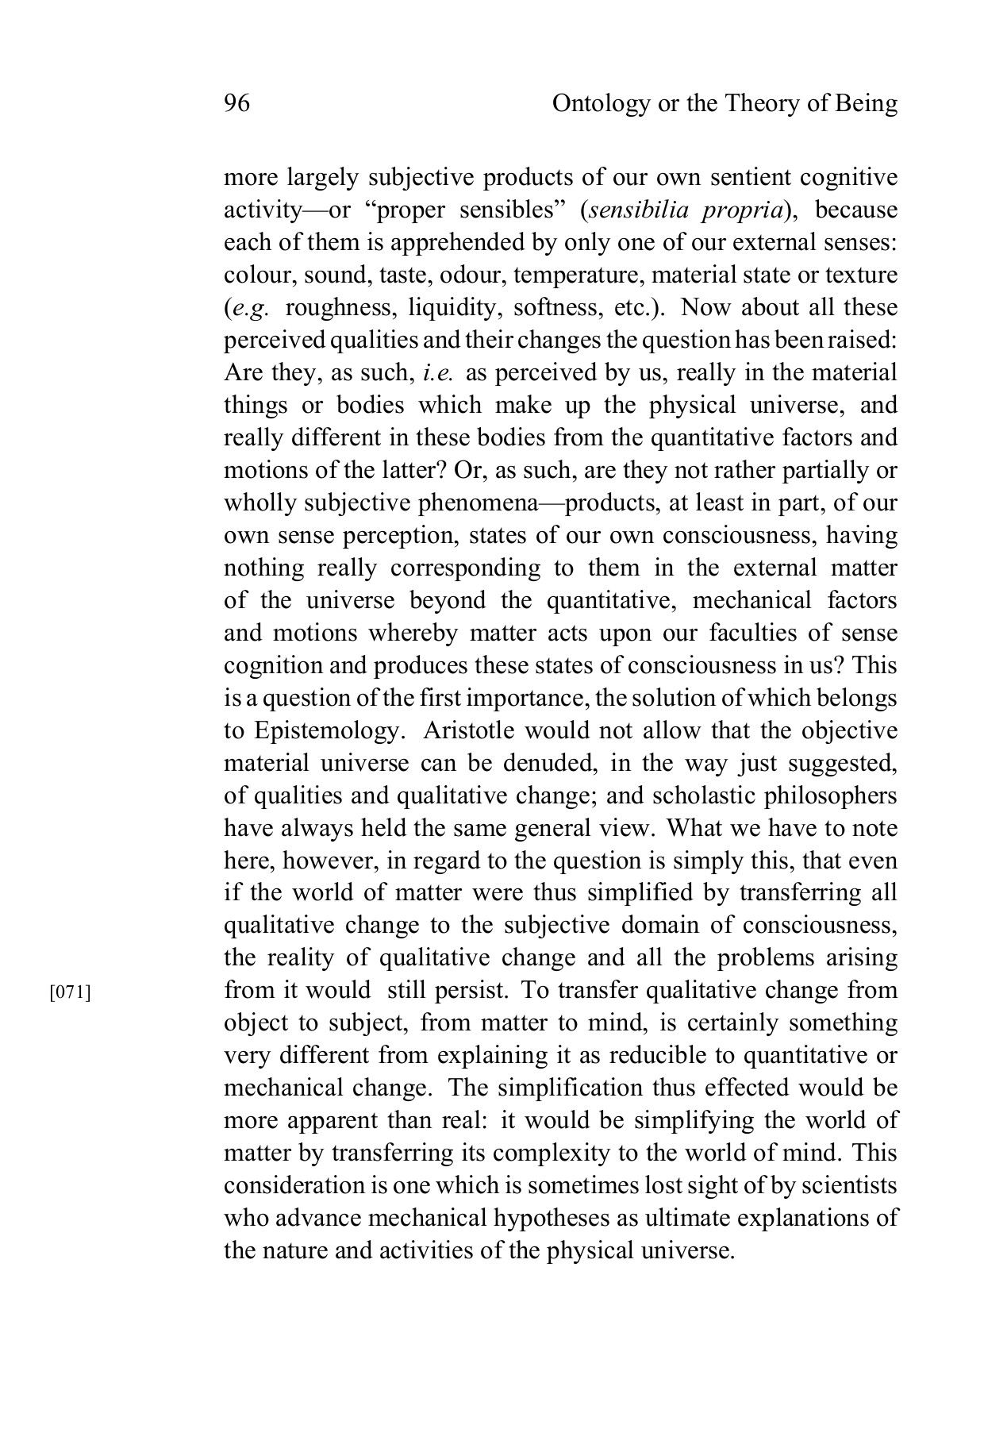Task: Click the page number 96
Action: (237, 104)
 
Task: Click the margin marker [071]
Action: (70, 992)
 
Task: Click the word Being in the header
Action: (866, 104)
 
